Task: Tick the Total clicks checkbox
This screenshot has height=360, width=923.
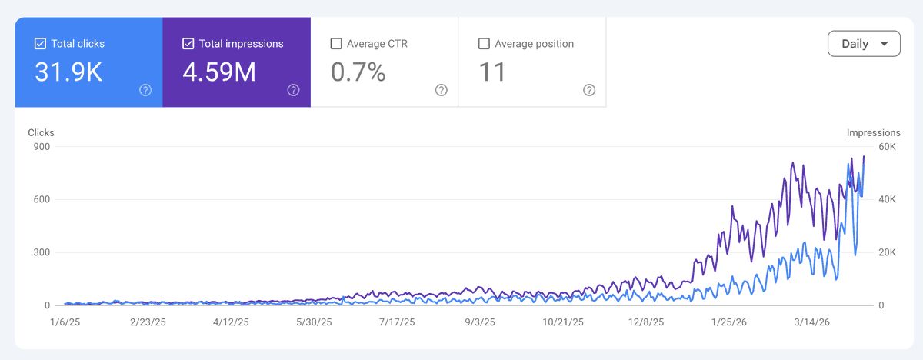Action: click(x=40, y=44)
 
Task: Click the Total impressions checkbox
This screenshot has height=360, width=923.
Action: click(x=188, y=44)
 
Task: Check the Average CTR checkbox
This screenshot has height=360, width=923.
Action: click(x=336, y=44)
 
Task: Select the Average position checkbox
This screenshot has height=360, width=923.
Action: click(x=484, y=44)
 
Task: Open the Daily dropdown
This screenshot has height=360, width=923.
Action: click(x=864, y=44)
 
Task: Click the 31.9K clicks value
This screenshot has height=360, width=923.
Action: click(x=68, y=72)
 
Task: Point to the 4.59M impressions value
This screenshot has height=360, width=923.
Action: click(x=219, y=72)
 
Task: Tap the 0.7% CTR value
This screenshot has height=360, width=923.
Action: click(x=358, y=72)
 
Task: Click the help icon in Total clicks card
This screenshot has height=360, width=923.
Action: click(x=145, y=90)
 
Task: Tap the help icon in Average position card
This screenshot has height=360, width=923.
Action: click(x=589, y=90)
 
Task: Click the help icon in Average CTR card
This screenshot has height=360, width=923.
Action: click(x=442, y=90)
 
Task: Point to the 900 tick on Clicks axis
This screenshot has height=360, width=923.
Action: click(x=42, y=147)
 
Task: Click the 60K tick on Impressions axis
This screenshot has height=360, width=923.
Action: click(x=887, y=147)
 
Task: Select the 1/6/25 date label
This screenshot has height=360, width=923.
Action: click(x=65, y=322)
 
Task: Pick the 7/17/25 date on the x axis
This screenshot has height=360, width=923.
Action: click(x=397, y=322)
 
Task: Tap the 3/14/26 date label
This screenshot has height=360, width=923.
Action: click(x=811, y=322)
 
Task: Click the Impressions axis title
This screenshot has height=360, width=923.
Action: click(x=874, y=132)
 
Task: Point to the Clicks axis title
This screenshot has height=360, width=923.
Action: click(x=41, y=132)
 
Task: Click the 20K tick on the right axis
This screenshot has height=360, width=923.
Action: click(x=887, y=252)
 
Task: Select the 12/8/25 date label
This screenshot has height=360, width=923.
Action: click(x=645, y=322)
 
